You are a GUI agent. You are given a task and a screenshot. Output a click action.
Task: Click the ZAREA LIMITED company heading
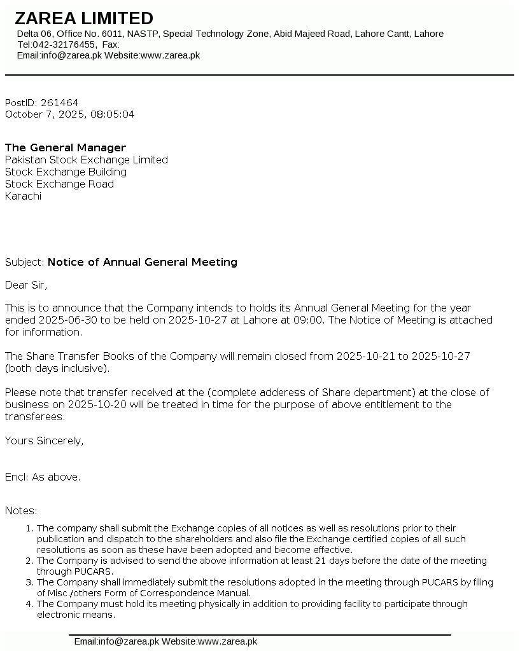tap(84, 18)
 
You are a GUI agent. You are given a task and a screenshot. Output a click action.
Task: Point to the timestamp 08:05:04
tap(113, 114)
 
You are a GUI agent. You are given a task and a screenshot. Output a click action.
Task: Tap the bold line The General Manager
tap(66, 148)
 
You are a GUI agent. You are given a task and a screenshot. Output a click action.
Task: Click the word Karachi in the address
tap(23, 196)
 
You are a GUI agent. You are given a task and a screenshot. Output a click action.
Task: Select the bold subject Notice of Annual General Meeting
tap(143, 262)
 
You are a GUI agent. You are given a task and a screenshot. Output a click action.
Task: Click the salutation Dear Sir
tap(26, 285)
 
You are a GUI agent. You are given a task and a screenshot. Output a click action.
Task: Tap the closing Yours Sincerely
tap(44, 441)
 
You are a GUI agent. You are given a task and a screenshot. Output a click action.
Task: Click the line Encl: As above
tap(43, 477)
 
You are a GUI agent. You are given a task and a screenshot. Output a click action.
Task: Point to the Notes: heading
tap(21, 510)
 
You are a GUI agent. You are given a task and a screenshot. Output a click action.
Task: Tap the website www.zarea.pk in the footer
tap(227, 641)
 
